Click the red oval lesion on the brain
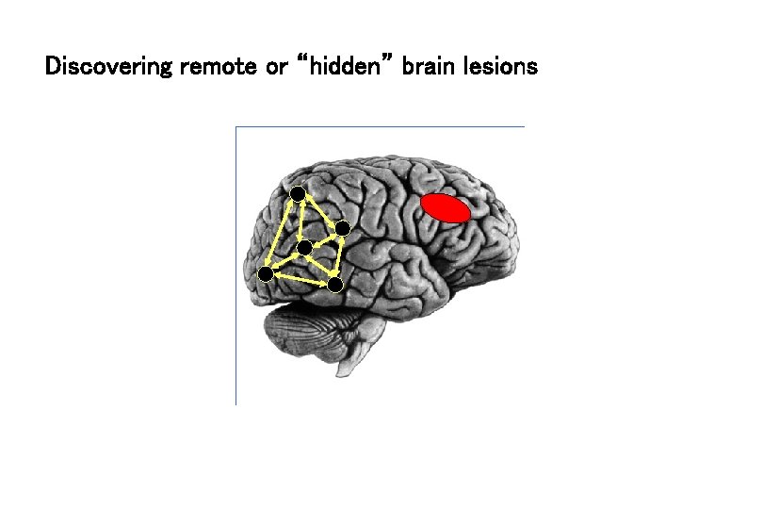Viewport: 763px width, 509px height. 445,208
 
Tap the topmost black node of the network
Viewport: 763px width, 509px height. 298,193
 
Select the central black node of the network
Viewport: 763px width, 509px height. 304,248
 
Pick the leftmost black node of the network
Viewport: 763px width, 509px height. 266,273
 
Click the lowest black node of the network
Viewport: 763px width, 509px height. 334,284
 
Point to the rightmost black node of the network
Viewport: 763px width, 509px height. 342,228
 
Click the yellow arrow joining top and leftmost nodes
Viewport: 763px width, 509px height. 282,233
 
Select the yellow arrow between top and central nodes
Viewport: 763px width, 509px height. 300,221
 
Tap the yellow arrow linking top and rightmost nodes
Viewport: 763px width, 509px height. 320,211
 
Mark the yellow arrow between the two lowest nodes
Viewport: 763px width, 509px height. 300,279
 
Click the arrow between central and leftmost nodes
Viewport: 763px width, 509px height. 285,261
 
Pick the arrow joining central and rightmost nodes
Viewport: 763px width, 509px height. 323,238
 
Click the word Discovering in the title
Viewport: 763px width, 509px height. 108,68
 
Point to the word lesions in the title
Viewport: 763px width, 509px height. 502,68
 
